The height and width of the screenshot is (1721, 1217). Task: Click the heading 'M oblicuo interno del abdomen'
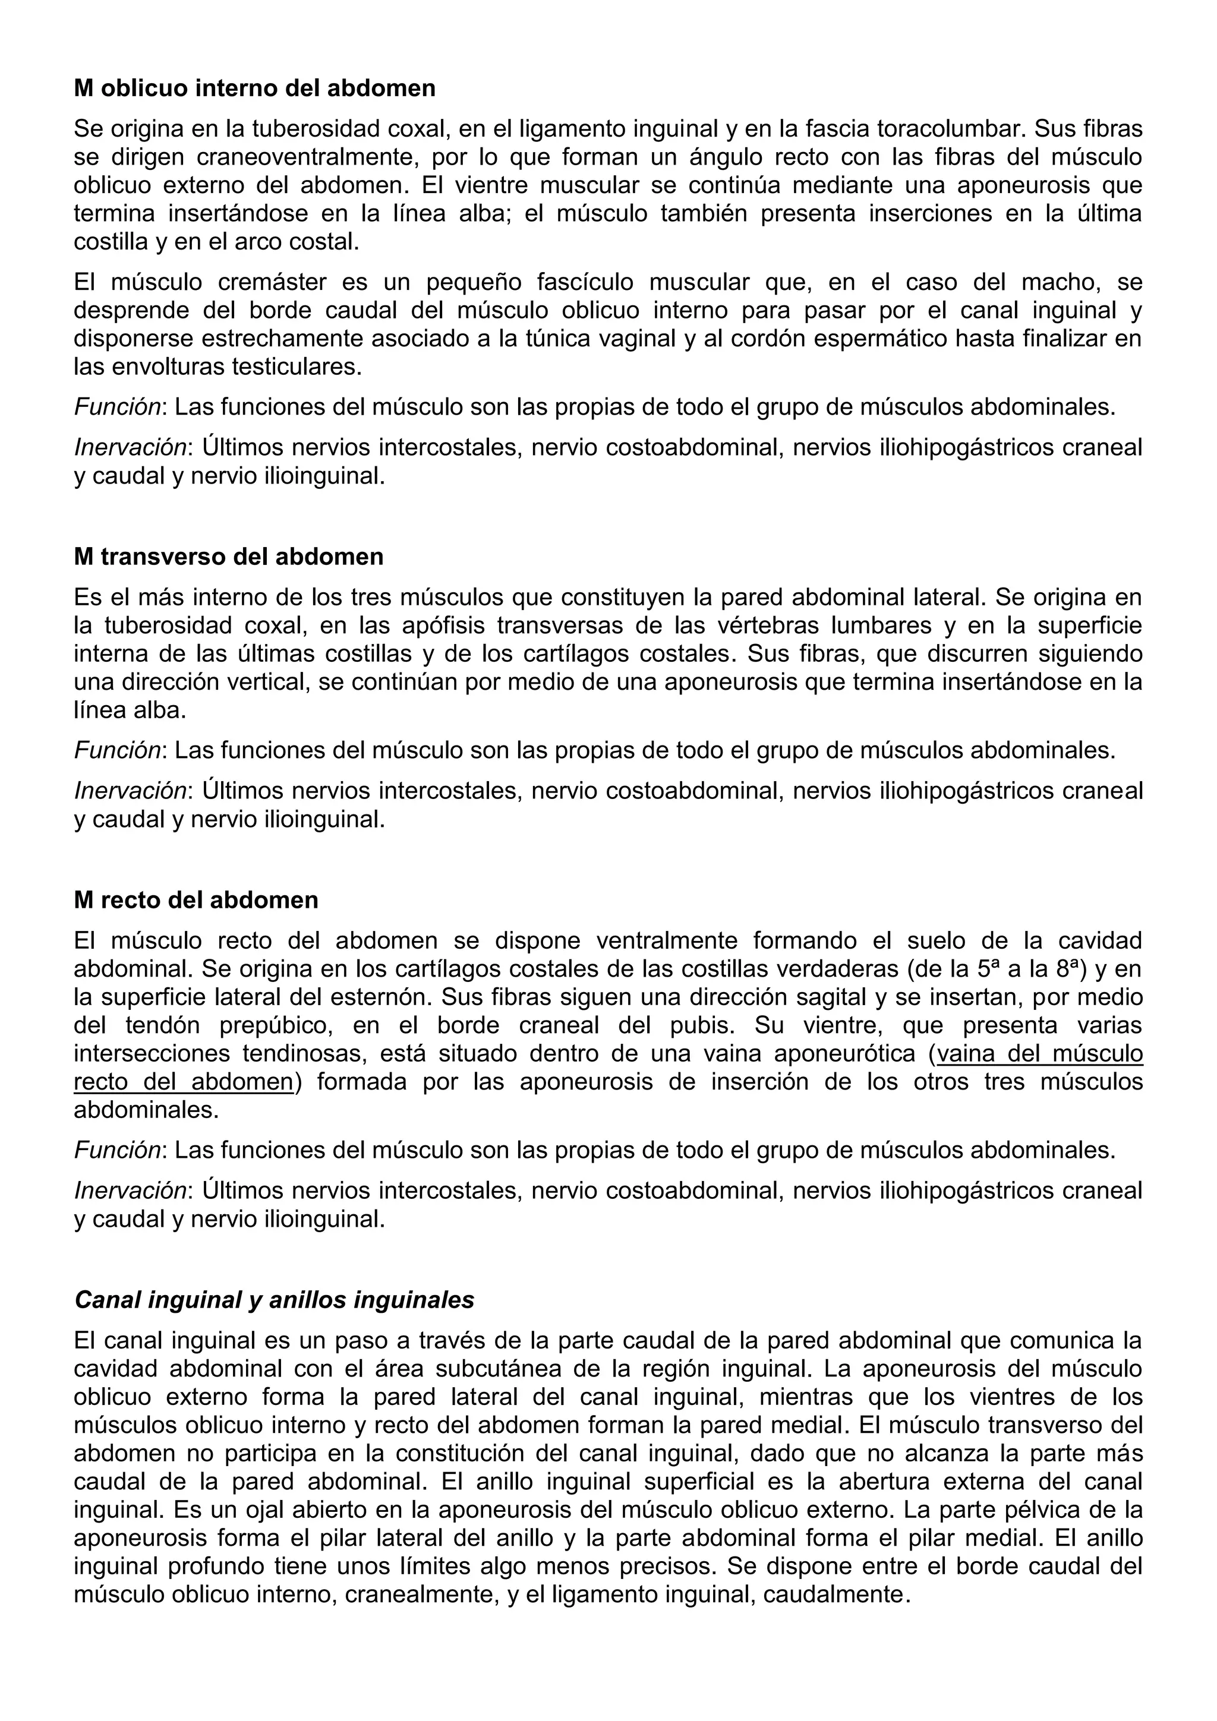254,89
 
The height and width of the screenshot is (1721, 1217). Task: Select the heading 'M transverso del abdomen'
229,557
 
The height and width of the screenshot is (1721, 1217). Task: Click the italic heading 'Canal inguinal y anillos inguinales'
275,1299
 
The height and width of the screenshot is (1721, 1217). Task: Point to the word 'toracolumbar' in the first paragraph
950,129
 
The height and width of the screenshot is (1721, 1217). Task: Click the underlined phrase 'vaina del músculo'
1040,1054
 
